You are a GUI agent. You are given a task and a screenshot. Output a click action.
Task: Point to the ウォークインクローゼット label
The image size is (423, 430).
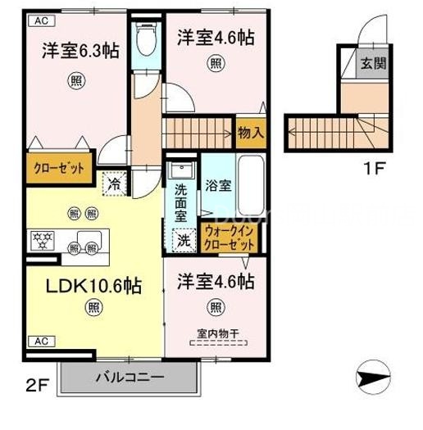pos(231,238)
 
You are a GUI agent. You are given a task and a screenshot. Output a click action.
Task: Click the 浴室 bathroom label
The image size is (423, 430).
pos(218,185)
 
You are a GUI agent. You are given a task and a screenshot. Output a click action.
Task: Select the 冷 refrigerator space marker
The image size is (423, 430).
pos(115,184)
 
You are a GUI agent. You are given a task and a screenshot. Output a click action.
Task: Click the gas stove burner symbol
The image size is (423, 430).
pos(42,241)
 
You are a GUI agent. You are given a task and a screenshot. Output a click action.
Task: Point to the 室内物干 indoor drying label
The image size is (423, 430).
pos(216,333)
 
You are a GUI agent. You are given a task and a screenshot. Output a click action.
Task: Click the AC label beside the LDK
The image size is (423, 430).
pos(39,340)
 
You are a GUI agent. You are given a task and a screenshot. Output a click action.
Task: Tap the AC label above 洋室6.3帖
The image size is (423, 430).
pos(39,23)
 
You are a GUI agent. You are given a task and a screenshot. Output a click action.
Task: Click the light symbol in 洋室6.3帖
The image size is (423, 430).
pos(75,80)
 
